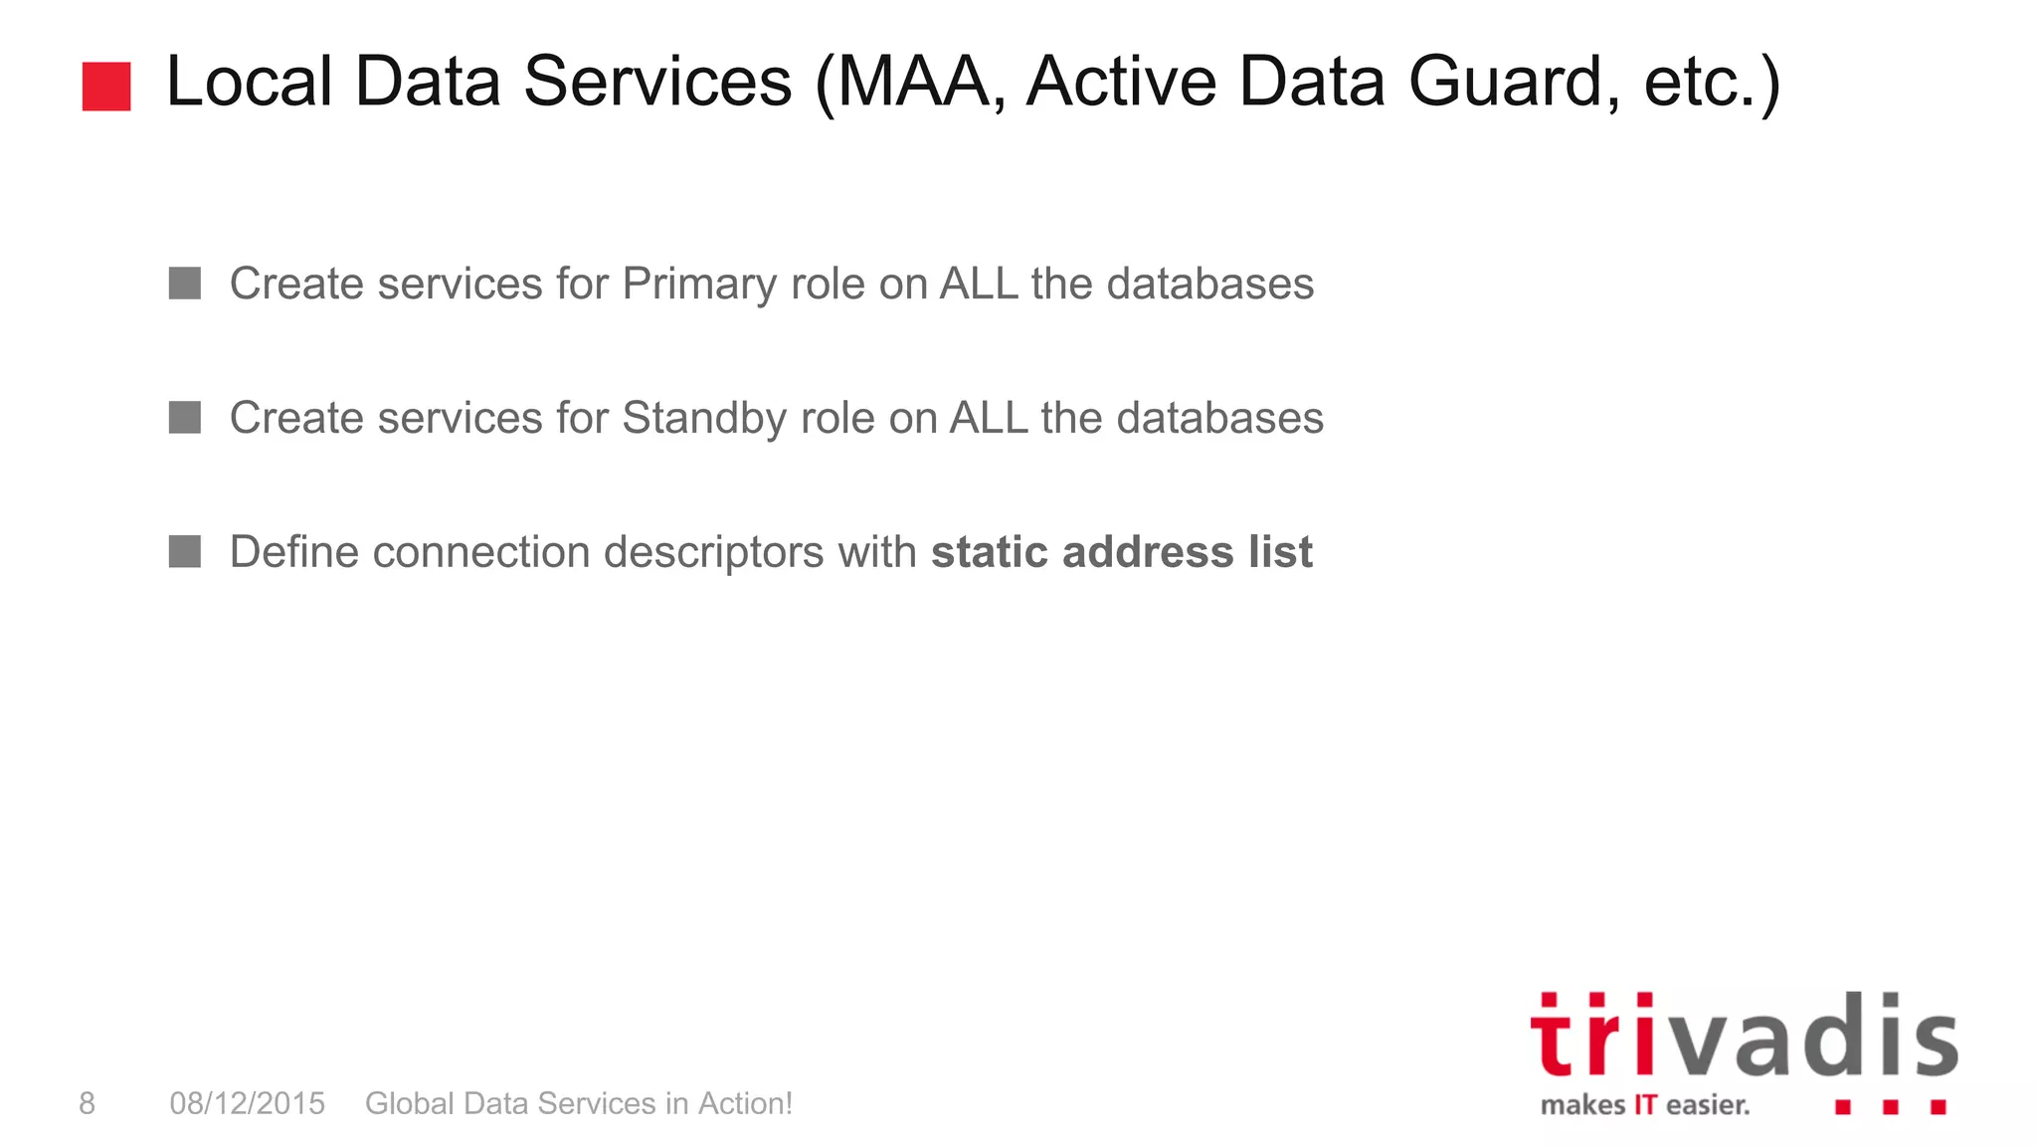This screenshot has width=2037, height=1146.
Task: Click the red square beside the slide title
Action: click(106, 86)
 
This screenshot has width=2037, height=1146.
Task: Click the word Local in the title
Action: click(249, 82)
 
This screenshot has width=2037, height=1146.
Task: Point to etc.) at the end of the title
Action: click(1712, 82)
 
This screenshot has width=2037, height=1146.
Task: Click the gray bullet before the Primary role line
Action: click(185, 284)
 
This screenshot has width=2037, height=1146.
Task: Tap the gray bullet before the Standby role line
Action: click(185, 418)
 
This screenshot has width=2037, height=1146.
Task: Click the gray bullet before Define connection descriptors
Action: click(185, 551)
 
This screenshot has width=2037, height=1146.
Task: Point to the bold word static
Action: click(990, 552)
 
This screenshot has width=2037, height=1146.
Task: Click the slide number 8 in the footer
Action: click(88, 1103)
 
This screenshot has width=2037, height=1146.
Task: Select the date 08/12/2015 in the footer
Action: click(247, 1103)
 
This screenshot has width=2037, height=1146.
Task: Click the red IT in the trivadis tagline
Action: click(1645, 1105)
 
